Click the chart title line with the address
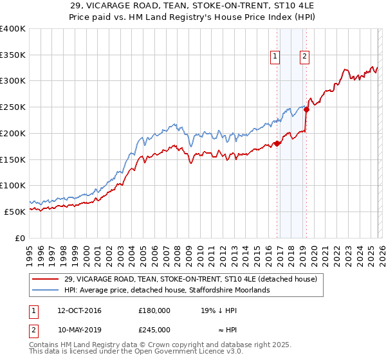point(193,6)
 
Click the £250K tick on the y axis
point(13,107)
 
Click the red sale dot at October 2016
point(277,143)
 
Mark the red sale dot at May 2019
point(306,110)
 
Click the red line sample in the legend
point(46,280)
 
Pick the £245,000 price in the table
point(154,329)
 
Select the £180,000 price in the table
point(154,310)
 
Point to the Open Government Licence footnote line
point(136,352)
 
